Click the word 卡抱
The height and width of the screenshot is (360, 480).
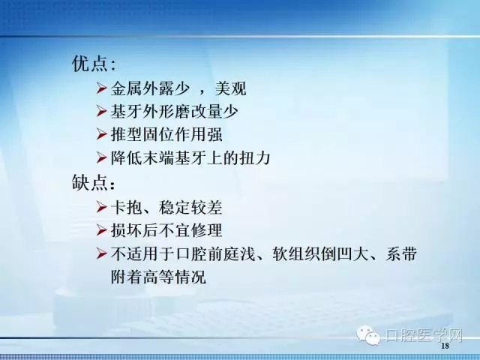[x=125, y=206]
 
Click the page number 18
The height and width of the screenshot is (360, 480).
[x=445, y=346]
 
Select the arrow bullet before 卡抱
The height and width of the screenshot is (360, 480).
[x=103, y=206]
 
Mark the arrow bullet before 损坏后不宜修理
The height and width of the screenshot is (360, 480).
[x=103, y=229]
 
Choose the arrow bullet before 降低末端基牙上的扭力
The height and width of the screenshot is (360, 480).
[x=103, y=159]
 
